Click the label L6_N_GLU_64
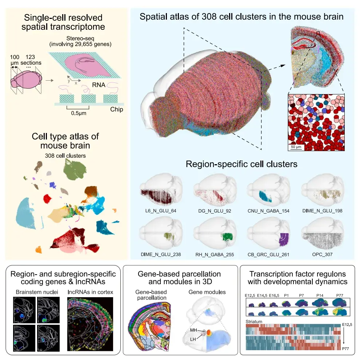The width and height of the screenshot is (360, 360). tap(158, 211)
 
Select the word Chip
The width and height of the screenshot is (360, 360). tap(116, 109)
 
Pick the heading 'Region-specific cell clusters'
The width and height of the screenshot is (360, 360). tap(241, 164)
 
